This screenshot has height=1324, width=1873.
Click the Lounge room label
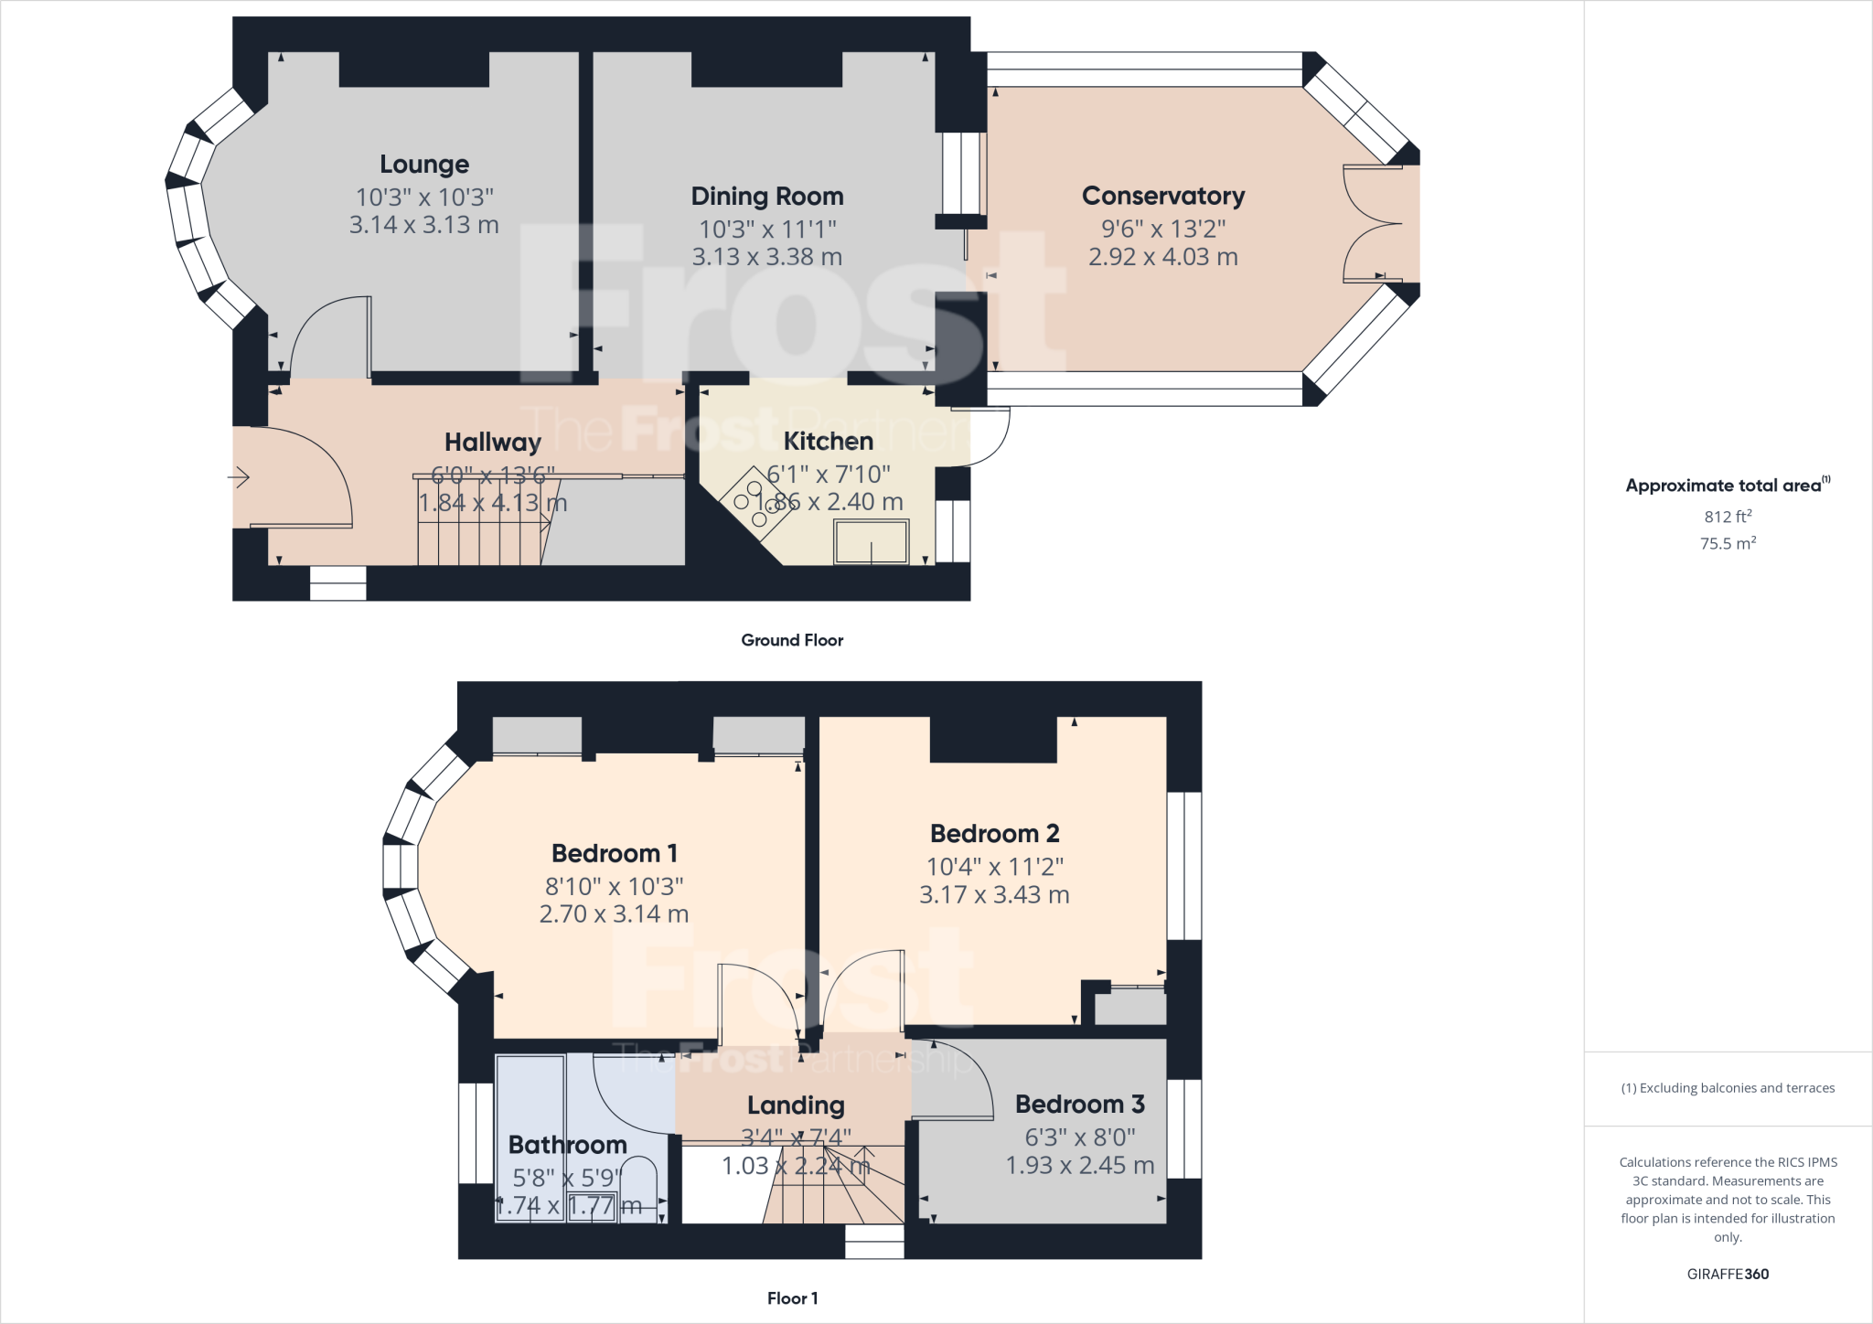point(424,165)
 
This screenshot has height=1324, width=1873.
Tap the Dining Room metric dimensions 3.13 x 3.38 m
point(766,257)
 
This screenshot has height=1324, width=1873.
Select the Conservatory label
point(1162,196)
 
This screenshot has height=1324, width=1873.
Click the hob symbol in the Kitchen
point(756,504)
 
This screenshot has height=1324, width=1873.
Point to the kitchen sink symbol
point(871,541)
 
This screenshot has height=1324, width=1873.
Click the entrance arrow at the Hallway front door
point(239,476)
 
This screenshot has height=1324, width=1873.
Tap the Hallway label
point(492,443)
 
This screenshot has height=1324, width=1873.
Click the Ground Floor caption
point(792,640)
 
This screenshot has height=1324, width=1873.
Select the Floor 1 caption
point(792,1297)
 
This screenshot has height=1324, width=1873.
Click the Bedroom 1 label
point(614,853)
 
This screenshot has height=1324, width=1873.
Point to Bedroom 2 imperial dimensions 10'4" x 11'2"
point(994,866)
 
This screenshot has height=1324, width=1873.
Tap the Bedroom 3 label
point(1079,1105)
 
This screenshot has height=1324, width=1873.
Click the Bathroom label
point(567,1145)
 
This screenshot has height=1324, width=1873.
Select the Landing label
point(795,1105)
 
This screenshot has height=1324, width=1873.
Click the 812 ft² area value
point(1727,517)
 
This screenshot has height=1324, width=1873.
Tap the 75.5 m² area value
point(1727,543)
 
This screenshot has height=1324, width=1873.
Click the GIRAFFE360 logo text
point(1727,1274)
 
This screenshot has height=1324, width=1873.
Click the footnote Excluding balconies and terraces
point(1727,1088)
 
